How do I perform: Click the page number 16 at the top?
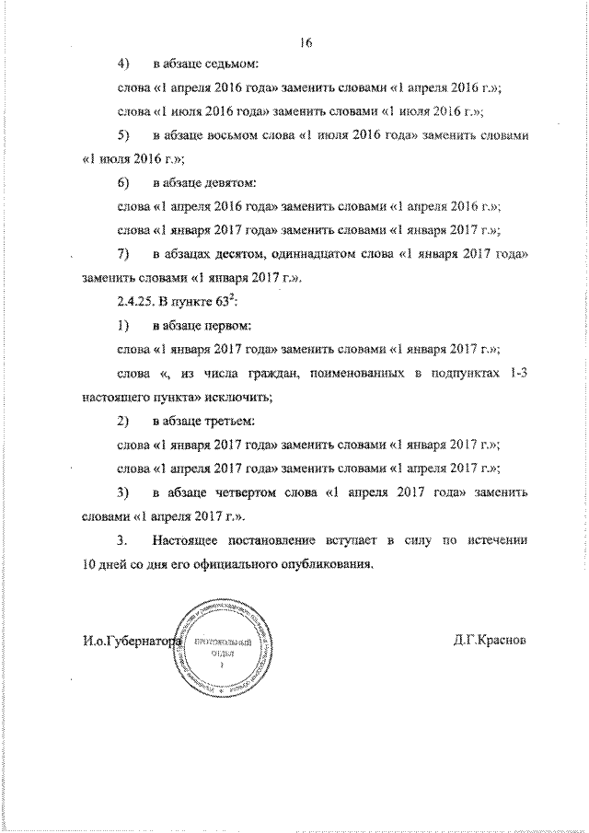306,40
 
